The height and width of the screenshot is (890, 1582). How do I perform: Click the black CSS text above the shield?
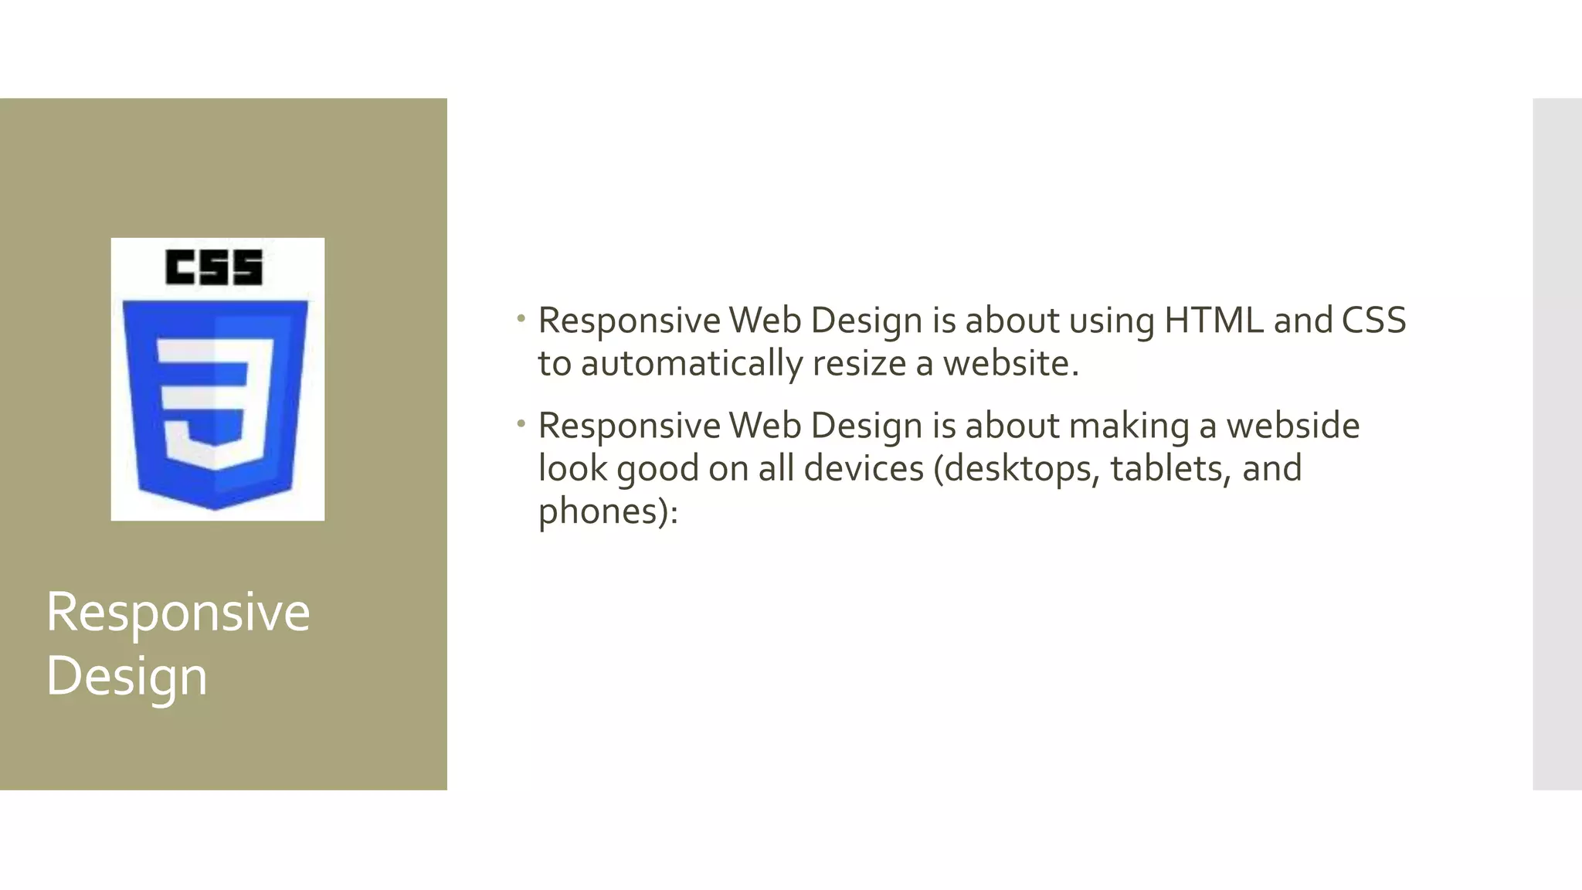[214, 267]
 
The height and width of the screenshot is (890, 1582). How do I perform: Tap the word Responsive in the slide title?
[178, 612]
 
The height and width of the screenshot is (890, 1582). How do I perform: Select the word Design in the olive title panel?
[127, 676]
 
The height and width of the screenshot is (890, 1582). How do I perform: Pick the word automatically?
[691, 364]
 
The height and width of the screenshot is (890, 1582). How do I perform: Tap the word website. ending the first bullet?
[1010, 364]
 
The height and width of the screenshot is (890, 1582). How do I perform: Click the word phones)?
[608, 512]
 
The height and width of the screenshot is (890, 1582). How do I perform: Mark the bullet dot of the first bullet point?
[521, 318]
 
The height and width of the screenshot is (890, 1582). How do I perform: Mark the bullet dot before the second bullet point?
[521, 423]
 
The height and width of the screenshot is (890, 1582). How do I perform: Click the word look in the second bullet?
[572, 468]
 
